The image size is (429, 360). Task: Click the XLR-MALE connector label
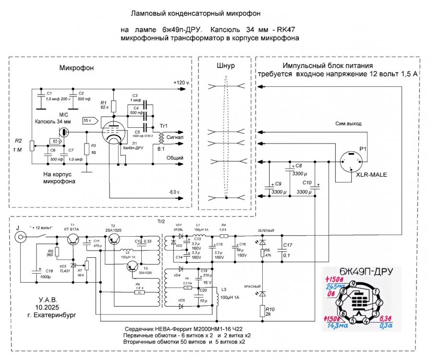click(370, 176)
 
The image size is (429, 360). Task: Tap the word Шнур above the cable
click(226, 66)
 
